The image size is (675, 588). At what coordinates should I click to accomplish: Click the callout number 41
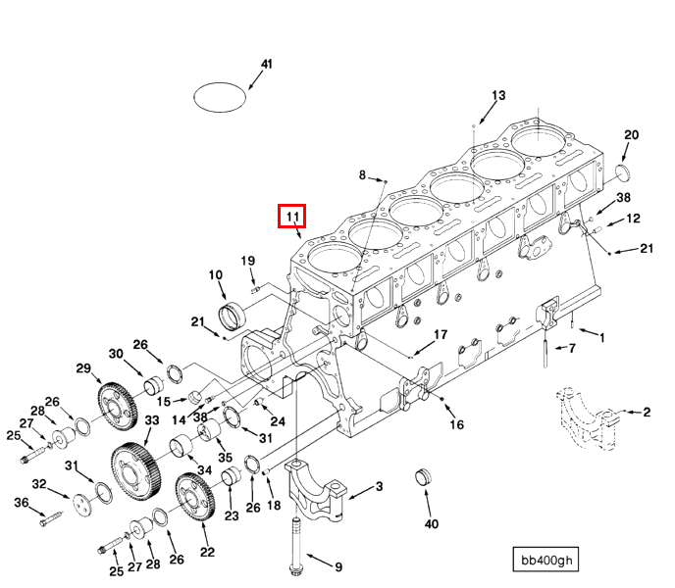point(265,64)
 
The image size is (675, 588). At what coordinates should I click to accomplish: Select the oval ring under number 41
point(220,97)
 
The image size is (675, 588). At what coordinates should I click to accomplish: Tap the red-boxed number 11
point(292,216)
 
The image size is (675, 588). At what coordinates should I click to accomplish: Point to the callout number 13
point(498,95)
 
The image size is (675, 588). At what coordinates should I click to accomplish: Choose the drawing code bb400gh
point(546,561)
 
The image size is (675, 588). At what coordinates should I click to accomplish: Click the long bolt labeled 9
point(294,534)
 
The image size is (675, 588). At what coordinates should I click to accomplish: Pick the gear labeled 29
point(116,403)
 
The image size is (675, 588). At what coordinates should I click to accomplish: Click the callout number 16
point(456,424)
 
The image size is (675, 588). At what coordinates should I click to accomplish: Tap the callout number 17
point(441,334)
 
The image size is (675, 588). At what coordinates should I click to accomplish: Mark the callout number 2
point(647,413)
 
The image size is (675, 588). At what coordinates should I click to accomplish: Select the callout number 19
point(248,261)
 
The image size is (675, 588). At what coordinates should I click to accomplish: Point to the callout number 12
point(633,219)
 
